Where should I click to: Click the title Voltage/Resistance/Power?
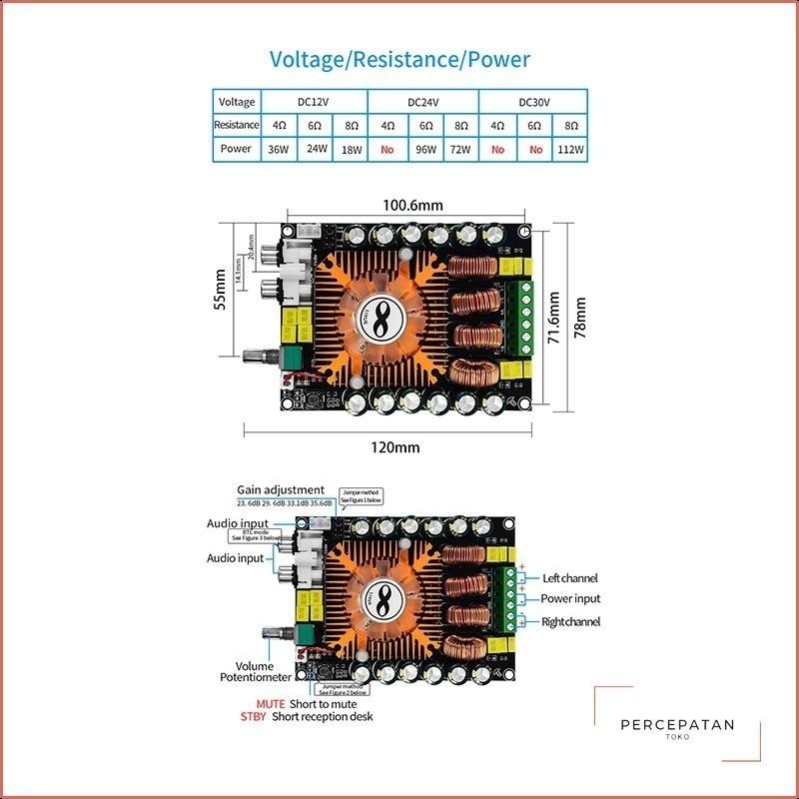click(x=399, y=59)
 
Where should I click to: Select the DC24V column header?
click(x=423, y=102)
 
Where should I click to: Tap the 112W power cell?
click(x=570, y=150)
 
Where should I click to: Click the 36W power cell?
click(x=277, y=150)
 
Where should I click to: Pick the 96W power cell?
click(x=425, y=150)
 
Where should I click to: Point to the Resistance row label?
click(x=237, y=126)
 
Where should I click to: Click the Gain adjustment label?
click(x=281, y=490)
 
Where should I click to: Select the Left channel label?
click(x=571, y=578)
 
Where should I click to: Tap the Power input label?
click(x=571, y=599)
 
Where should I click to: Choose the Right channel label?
click(x=571, y=622)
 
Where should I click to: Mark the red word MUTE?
click(x=271, y=704)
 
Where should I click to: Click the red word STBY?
click(x=254, y=717)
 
